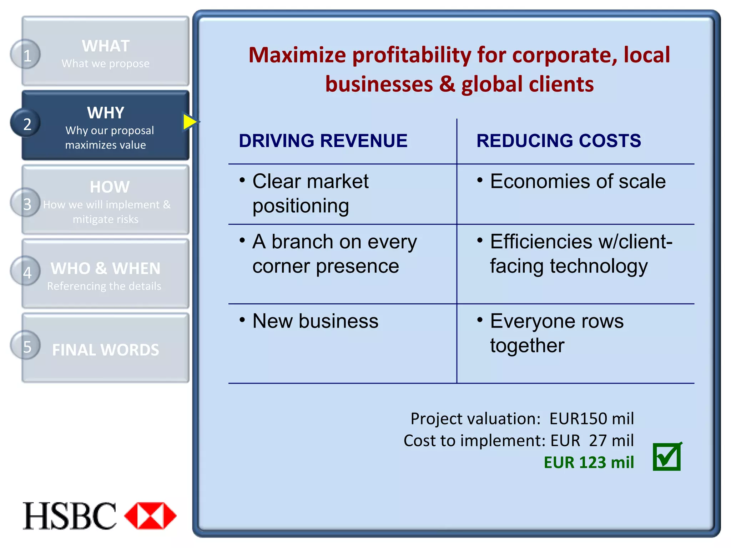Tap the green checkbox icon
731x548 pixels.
click(x=667, y=457)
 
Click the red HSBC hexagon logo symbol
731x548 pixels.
click(x=150, y=516)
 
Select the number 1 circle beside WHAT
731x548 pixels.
click(x=26, y=55)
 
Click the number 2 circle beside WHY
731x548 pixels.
click(x=26, y=123)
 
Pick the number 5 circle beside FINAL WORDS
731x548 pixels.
click(x=26, y=346)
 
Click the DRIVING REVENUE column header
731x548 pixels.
click(x=323, y=141)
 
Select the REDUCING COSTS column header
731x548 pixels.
click(x=559, y=141)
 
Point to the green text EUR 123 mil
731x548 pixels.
click(x=589, y=462)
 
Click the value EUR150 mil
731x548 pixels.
click(x=591, y=418)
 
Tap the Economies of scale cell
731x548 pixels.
click(x=578, y=181)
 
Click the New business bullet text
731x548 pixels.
click(x=315, y=321)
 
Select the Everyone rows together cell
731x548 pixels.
click(x=557, y=333)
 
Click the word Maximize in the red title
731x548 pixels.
click(x=297, y=55)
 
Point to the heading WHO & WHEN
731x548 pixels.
click(x=106, y=268)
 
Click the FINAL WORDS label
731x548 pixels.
click(x=106, y=350)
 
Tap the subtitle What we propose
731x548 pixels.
click(x=106, y=64)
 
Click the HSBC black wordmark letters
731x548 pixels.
click(x=70, y=516)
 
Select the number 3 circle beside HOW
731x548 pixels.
click(x=26, y=203)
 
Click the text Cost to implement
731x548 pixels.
click(x=474, y=441)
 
